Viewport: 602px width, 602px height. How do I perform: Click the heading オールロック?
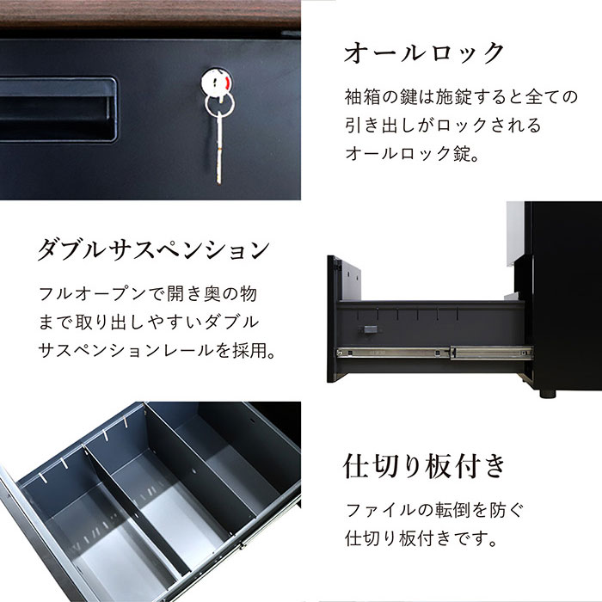pos(424,52)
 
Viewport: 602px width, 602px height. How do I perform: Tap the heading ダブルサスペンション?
pos(154,250)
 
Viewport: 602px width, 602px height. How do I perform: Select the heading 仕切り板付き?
pos(424,466)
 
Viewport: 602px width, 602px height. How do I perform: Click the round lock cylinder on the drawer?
pos(216,82)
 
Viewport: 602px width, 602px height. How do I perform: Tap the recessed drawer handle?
pos(58,109)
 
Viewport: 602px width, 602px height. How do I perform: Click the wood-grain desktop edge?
pos(150,15)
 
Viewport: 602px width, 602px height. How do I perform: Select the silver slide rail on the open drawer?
pos(434,353)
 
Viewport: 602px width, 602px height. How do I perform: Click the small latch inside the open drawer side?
pos(369,329)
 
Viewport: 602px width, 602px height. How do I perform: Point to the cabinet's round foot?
pos(547,394)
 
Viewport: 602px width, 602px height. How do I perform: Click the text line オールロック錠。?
pos(412,154)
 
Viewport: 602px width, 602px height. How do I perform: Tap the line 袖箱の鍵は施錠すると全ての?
pos(461,96)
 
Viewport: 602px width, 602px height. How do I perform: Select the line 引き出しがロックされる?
pos(443,126)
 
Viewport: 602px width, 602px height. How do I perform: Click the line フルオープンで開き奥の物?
pos(148,294)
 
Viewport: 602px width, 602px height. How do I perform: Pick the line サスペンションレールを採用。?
pos(157,350)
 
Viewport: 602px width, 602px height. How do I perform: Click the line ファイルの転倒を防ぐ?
pos(435,510)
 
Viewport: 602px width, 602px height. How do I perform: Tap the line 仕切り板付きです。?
pos(421,537)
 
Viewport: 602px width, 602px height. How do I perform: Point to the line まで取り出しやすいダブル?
pos(149,322)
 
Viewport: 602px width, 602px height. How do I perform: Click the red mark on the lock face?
pos(228,83)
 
